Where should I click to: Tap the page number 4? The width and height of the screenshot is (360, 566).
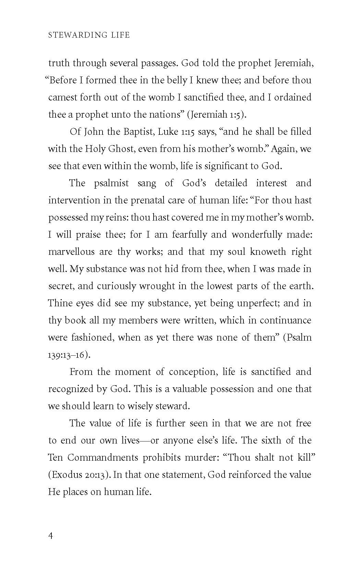(x=51, y=536)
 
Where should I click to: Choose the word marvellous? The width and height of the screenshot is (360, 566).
(x=71, y=252)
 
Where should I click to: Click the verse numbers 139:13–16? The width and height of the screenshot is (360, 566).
(x=68, y=355)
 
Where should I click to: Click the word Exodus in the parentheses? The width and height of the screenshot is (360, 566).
(x=65, y=475)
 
